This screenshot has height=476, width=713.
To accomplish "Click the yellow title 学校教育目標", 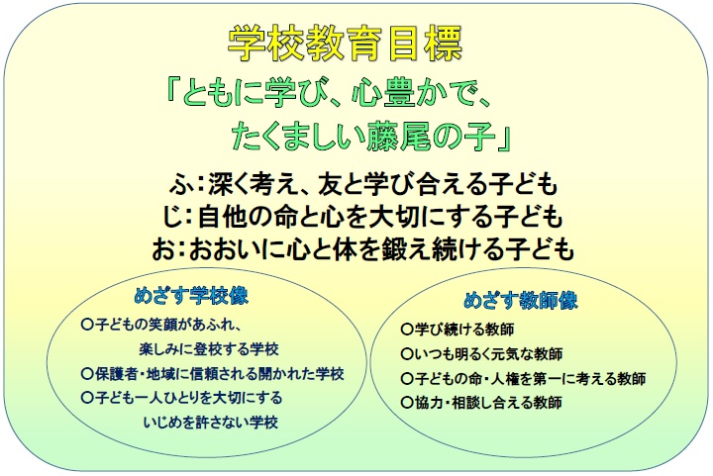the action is (x=346, y=44).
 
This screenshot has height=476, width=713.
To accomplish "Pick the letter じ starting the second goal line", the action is (x=173, y=216).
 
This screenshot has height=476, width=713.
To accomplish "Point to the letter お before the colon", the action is (x=163, y=249).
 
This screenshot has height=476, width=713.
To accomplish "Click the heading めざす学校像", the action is (x=191, y=296).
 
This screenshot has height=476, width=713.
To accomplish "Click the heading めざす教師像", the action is (x=521, y=300).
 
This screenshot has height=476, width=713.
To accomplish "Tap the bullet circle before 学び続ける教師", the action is (x=406, y=329).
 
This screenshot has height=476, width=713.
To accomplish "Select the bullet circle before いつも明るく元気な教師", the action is (x=406, y=353).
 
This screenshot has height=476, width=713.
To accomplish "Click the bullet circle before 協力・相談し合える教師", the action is (x=406, y=402).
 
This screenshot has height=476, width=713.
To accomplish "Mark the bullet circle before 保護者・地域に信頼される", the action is (x=87, y=373).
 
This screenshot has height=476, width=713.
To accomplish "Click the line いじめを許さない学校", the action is (x=211, y=423).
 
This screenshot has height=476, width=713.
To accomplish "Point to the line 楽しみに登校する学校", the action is (x=209, y=349).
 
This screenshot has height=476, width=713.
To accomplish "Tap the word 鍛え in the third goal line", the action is (x=392, y=249).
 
